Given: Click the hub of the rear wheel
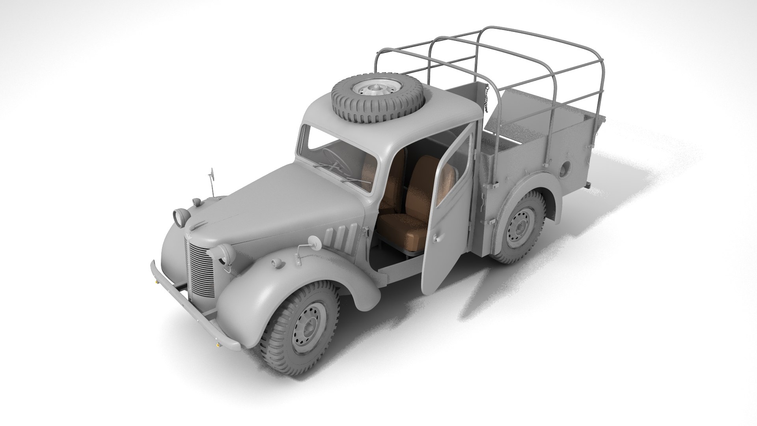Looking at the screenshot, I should tap(520, 228).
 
